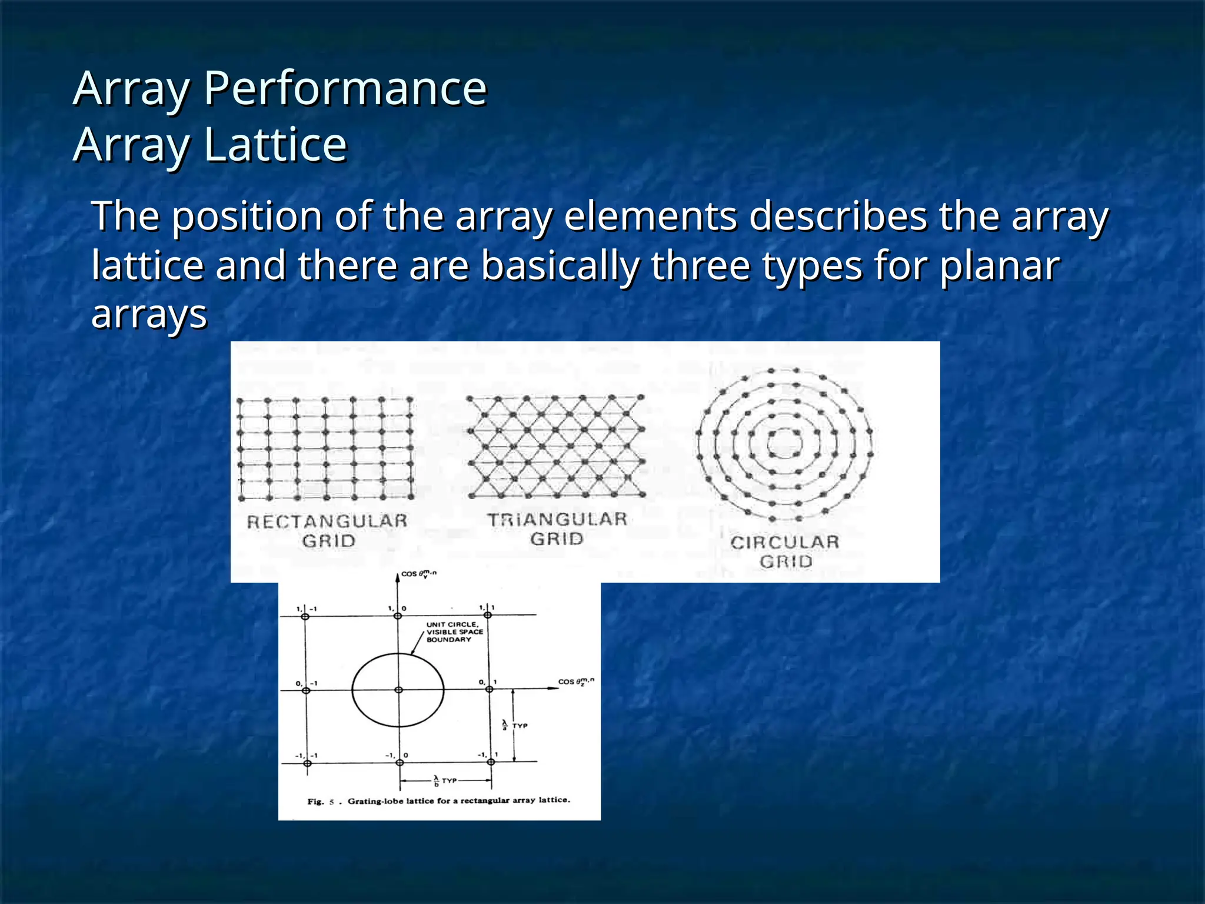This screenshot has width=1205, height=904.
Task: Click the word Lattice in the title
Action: tap(275, 145)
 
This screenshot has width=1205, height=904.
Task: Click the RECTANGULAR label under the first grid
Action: tap(327, 521)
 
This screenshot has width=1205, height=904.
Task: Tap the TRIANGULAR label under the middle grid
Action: tap(557, 520)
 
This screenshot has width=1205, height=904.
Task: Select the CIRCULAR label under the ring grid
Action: tap(785, 542)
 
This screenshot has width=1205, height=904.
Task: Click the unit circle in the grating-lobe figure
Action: tap(353, 690)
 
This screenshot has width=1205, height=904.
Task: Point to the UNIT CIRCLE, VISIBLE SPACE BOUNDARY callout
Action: tap(454, 632)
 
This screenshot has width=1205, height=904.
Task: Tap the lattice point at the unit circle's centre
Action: tap(398, 690)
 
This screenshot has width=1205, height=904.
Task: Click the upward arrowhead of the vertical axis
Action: tap(398, 577)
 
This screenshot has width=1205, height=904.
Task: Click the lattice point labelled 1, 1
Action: tap(488, 616)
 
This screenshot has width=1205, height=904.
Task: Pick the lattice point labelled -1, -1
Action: tap(307, 763)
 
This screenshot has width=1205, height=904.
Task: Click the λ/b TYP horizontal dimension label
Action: tap(445, 780)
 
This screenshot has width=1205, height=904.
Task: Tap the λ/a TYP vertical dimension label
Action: tap(515, 725)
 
